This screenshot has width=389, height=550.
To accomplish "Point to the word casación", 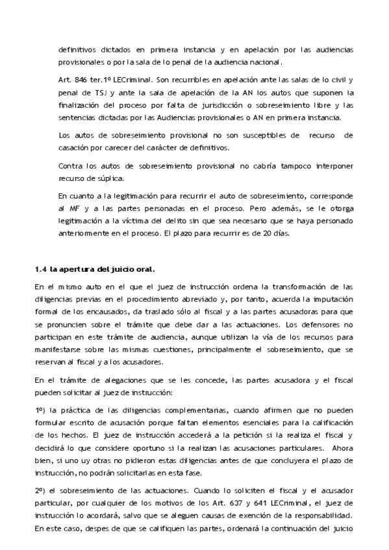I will (76, 147).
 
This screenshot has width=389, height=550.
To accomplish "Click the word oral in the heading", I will (146, 269).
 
